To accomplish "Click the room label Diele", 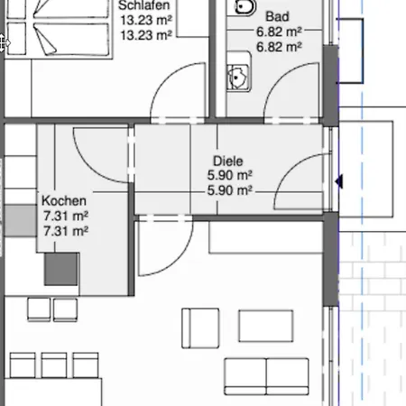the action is pos(228,161).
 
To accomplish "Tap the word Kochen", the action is pos(64,200).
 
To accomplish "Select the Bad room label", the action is pos(277,16).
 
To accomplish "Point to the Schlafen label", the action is pos(144,5).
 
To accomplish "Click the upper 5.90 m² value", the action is pos(230,175).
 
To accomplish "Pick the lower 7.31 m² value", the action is pos(66,231).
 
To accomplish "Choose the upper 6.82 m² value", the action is pos(279,32).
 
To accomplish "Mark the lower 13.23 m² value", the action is pos(146,35).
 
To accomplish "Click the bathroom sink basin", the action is pos(238,78).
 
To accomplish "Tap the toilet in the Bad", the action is pos(245,6).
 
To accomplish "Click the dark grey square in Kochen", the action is pos(61,269).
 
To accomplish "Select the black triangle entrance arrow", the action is pos(339,181).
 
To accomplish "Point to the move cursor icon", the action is pos(4,43).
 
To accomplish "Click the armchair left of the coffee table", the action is pos(200,328).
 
